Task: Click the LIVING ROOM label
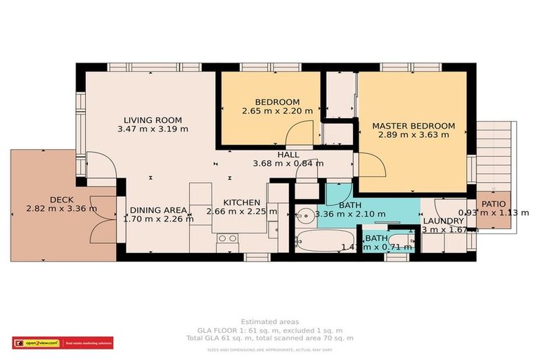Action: pyautogui.click(x=153, y=120)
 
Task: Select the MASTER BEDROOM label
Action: pyautogui.click(x=413, y=126)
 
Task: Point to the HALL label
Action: pyautogui.click(x=288, y=155)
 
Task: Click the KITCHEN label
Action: pyautogui.click(x=241, y=202)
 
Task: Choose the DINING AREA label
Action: pyautogui.click(x=155, y=210)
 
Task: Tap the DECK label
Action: pyautogui.click(x=61, y=199)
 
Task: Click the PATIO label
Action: pyautogui.click(x=493, y=204)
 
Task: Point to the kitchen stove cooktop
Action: pyautogui.click(x=227, y=239)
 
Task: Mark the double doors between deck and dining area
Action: pyautogui.click(x=104, y=219)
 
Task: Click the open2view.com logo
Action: pyautogui.click(x=35, y=343)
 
